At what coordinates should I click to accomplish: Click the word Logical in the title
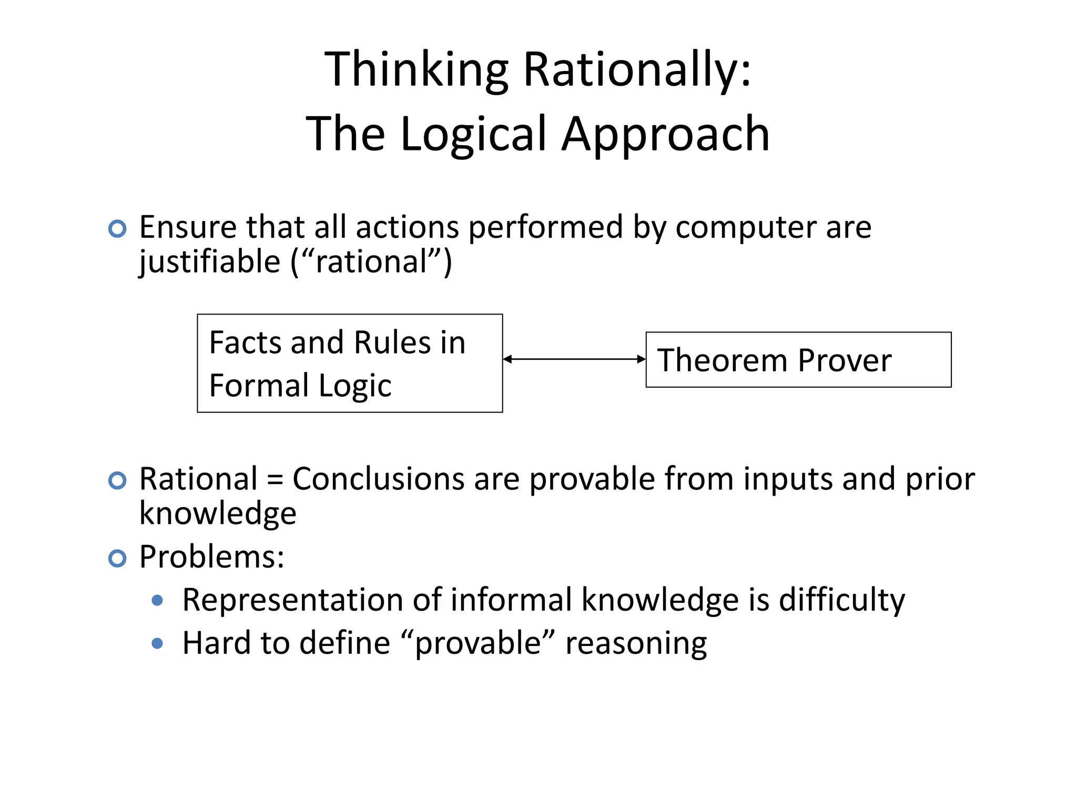pos(473,135)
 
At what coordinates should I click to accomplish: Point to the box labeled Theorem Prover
pos(798,360)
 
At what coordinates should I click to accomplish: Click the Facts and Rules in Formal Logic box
pos(350,363)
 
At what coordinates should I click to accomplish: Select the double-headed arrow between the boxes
pos(574,359)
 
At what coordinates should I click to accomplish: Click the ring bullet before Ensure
pos(117,229)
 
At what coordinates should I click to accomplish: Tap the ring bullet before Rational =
pos(117,480)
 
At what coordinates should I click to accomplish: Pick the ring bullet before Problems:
pos(117,558)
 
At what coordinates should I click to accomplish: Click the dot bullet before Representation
pos(157,600)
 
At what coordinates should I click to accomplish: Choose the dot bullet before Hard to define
pos(157,643)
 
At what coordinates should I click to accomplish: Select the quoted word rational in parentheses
pos(371,262)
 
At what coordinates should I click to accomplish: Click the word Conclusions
pos(378,479)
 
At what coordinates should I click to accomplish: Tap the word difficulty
pos(841,600)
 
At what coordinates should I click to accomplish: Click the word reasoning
pos(636,643)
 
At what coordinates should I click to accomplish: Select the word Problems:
pos(211,557)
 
